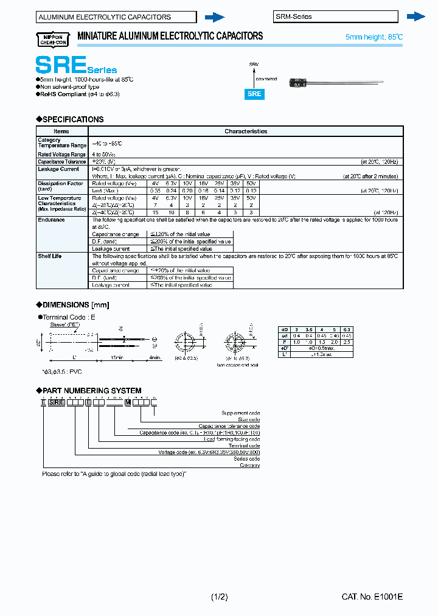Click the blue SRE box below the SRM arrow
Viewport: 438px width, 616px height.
(254, 94)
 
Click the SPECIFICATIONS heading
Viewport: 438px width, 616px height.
(70, 119)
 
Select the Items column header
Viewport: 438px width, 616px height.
(61, 131)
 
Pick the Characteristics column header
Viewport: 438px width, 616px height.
(246, 131)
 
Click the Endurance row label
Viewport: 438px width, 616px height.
(51, 220)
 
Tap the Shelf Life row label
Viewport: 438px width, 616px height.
(50, 256)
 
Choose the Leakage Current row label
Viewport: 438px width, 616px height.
(58, 169)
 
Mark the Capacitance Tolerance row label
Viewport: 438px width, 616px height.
(62, 162)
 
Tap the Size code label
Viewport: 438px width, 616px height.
(248, 420)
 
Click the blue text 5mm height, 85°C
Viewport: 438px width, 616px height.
(374, 38)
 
